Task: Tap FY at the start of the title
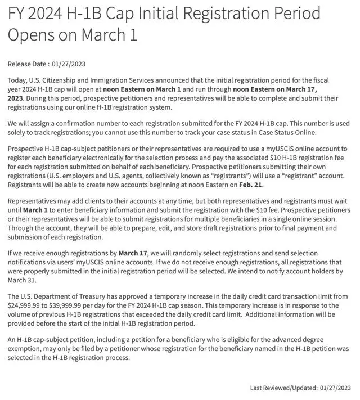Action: pyautogui.click(x=17, y=12)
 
